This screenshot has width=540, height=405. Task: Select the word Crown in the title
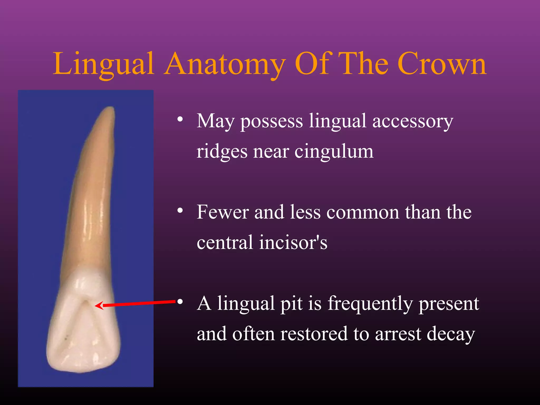click(x=442, y=64)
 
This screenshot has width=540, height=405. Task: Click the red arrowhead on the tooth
click(x=99, y=306)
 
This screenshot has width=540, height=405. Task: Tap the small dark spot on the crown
click(x=66, y=336)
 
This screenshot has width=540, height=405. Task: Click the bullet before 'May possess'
click(x=180, y=119)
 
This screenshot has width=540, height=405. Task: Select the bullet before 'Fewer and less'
click(x=180, y=210)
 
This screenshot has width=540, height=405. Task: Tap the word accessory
click(x=413, y=121)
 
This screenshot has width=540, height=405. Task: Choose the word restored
click(x=314, y=334)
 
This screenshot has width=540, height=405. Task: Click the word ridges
click(x=222, y=152)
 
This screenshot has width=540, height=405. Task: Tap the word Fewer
click(x=223, y=212)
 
